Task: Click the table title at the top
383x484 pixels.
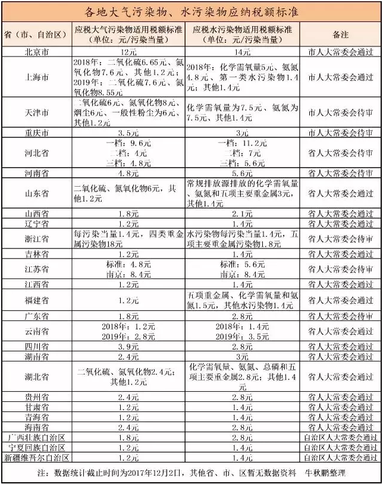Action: tap(191, 11)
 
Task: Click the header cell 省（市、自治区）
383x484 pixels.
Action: tap(36, 34)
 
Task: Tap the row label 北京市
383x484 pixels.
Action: tap(36, 52)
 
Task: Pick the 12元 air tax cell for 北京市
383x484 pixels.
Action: tap(129, 52)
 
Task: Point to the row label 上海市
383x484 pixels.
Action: tap(36, 77)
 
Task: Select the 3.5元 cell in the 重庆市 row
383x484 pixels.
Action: tap(129, 133)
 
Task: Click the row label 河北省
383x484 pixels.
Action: tap(36, 153)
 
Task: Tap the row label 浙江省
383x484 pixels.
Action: tap(36, 238)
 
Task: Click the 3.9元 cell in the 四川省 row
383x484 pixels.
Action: tap(129, 345)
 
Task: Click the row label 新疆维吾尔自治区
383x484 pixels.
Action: tap(36, 457)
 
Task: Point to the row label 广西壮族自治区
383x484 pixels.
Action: tap(36, 437)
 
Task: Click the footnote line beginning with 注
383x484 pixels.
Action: tap(191, 473)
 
